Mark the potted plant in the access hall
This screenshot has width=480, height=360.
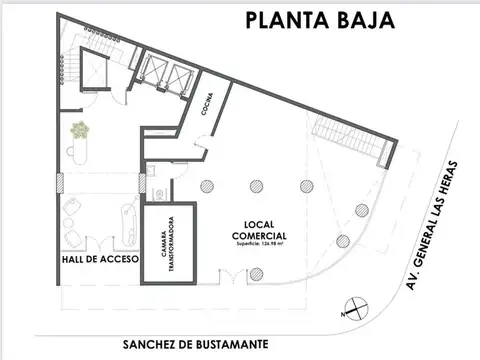[x=78, y=129]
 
